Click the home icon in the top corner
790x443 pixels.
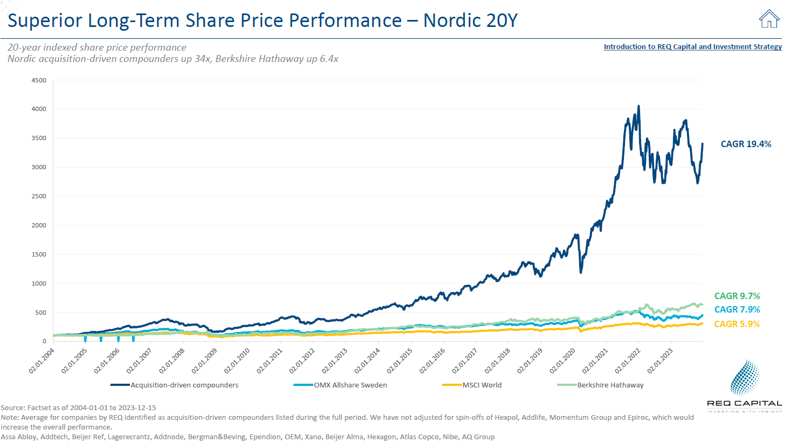point(769,19)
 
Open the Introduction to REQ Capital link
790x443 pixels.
point(692,47)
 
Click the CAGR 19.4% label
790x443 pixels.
point(746,144)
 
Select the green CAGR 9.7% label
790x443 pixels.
point(737,296)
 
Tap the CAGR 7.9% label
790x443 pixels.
point(737,309)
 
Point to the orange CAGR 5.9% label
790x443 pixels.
point(737,324)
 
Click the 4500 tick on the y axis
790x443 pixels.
point(39,80)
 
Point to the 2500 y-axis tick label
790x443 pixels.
point(39,196)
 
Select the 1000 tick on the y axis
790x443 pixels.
point(39,283)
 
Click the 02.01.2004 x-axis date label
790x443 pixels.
point(42,361)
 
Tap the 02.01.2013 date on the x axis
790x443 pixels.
point(334,361)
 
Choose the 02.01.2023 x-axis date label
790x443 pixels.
point(660,361)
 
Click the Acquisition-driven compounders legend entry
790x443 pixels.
point(184,385)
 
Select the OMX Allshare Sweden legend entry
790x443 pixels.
point(350,385)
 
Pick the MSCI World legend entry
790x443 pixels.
point(482,385)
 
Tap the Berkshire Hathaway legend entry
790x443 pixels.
point(610,385)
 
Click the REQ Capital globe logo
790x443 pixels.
point(745,378)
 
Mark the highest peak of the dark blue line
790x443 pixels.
point(638,106)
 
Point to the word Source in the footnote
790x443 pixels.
point(13,407)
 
